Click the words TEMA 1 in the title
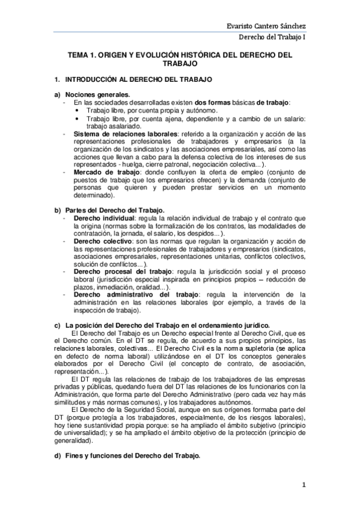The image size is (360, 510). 81,55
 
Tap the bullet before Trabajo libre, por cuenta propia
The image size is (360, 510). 79,111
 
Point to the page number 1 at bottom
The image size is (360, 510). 304,484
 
